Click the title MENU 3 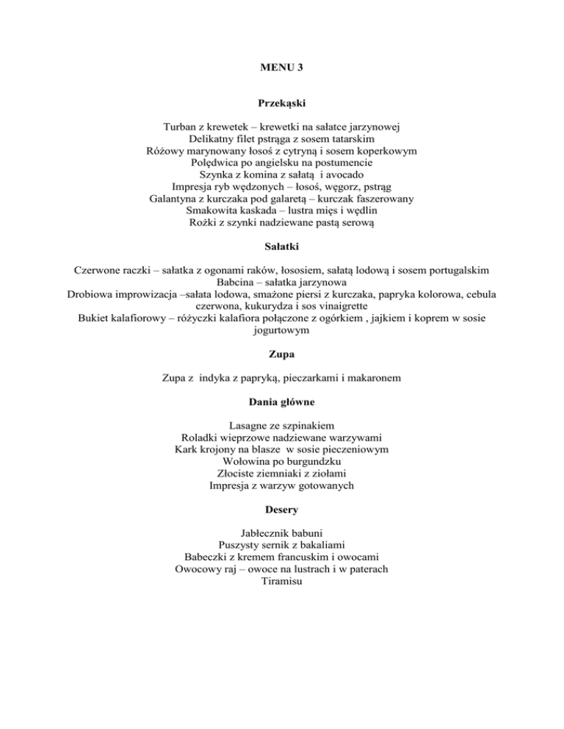click(x=281, y=68)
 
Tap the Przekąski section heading click(x=282, y=104)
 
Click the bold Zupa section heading click(x=282, y=355)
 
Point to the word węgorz click(x=337, y=186)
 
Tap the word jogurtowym click(x=282, y=330)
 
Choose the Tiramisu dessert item click(x=282, y=581)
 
